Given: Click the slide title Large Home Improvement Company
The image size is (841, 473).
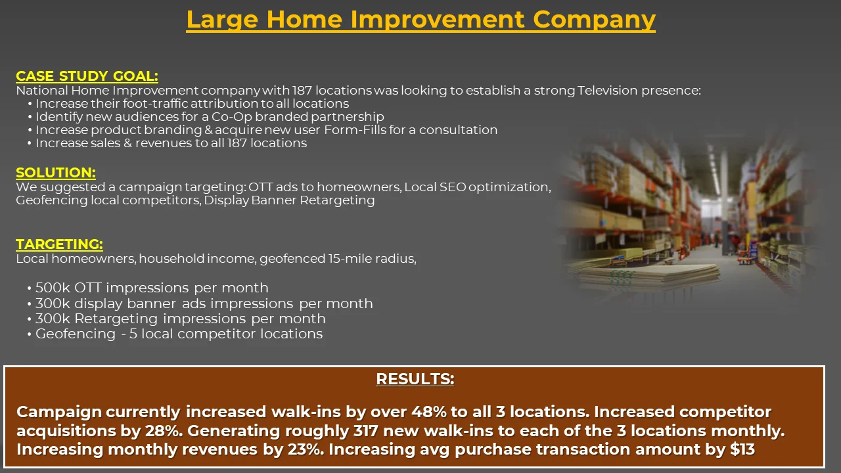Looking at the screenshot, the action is click(421, 20).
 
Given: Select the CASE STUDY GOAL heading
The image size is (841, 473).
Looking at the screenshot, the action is click(87, 76).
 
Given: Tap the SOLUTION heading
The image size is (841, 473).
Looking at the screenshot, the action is click(56, 173).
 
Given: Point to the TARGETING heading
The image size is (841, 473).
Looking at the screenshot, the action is click(59, 244).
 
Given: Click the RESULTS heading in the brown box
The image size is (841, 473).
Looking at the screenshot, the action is click(415, 379).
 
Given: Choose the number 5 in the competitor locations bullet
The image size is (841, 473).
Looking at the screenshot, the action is click(133, 334).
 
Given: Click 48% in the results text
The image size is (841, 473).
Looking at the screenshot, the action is click(429, 412).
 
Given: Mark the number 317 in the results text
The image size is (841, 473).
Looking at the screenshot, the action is click(365, 431).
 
